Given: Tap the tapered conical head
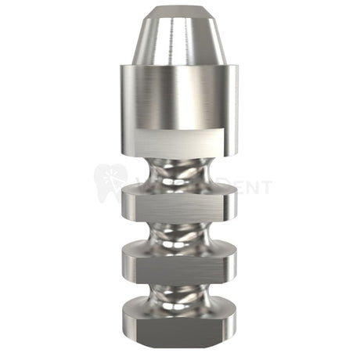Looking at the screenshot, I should coord(179,39).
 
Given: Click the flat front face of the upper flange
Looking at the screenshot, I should coord(179,204).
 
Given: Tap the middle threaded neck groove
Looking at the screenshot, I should coord(179,233).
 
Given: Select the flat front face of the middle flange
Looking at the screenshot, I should coord(179,263).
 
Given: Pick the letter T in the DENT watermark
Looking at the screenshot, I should coord(267,187).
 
